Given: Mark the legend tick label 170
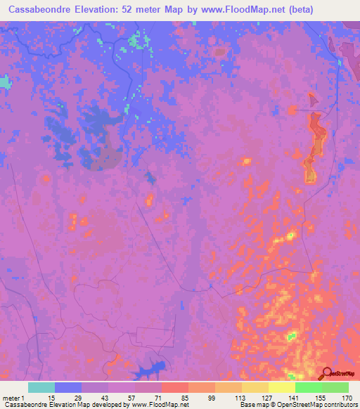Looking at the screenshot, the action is (x=346, y=398).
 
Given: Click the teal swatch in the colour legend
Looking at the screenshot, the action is (x=41, y=387).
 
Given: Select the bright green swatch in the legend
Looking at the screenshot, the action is (x=308, y=387).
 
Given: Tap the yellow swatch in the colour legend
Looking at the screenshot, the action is (x=281, y=387).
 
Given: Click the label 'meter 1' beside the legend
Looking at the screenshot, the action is (x=13, y=398).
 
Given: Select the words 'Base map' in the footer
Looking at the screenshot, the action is (x=250, y=405).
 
